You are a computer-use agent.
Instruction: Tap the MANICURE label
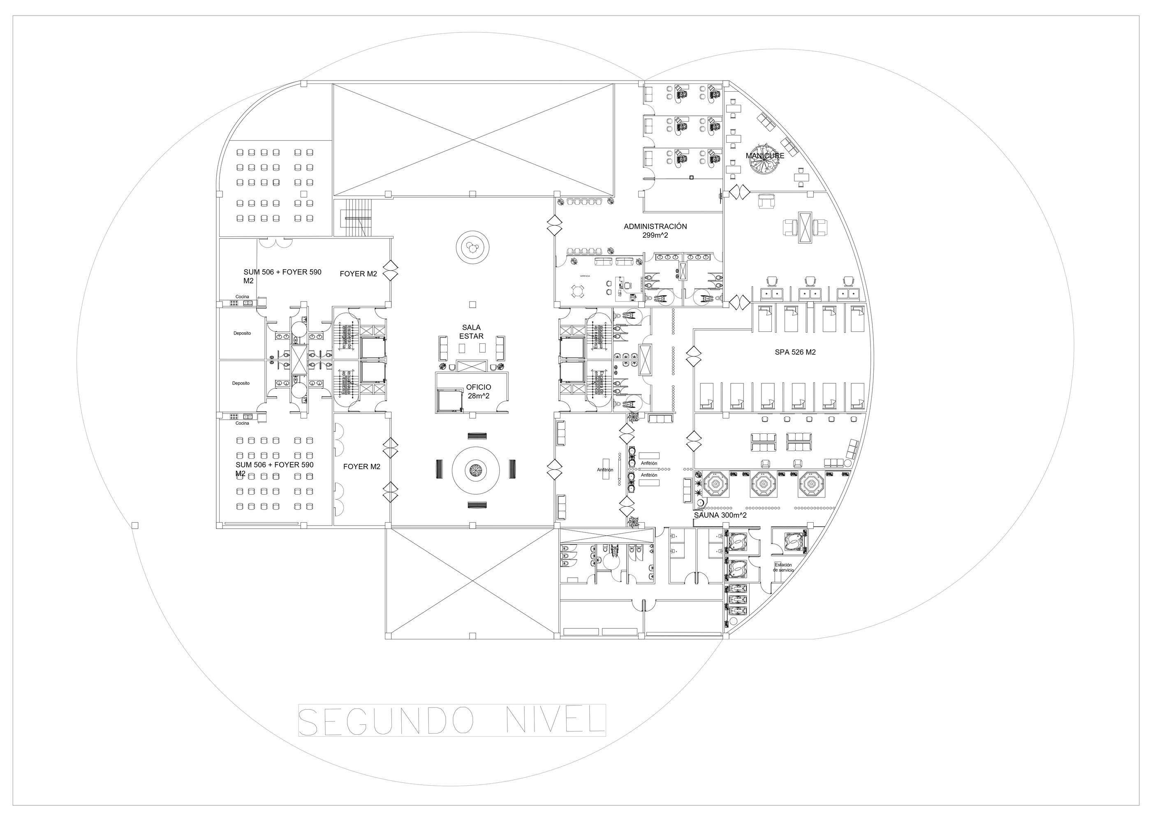point(765,156)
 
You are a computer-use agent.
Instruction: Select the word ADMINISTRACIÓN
point(655,227)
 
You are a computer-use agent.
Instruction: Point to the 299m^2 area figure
point(655,235)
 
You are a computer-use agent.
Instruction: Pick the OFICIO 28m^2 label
point(478,391)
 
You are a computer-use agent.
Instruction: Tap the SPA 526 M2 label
point(795,352)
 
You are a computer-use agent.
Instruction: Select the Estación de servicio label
point(783,567)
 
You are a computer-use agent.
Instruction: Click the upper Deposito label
point(242,333)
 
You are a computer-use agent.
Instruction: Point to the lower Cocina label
point(242,423)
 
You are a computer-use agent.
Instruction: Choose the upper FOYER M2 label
point(358,274)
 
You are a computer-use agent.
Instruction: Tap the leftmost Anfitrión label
point(605,470)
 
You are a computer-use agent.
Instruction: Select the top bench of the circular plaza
point(477,436)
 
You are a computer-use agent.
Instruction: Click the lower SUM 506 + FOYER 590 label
point(274,469)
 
